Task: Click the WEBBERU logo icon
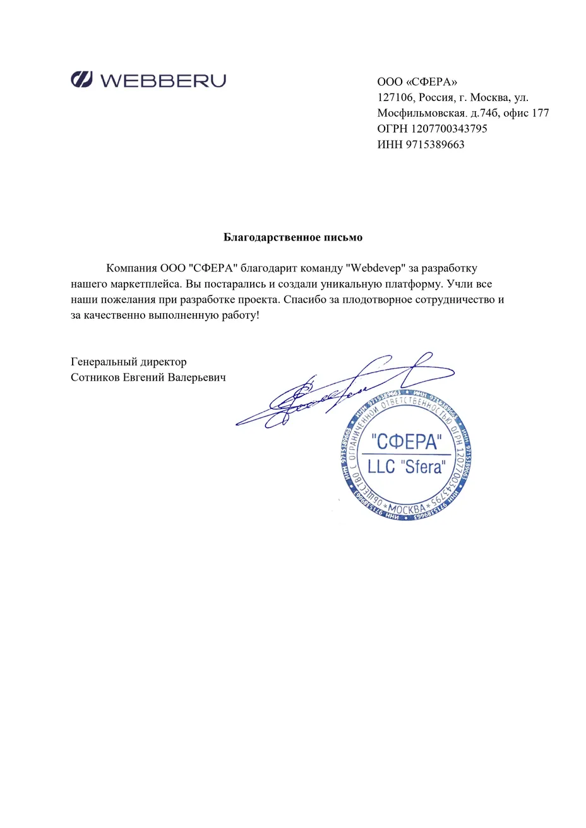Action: click(82, 80)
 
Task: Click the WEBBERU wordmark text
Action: click(162, 80)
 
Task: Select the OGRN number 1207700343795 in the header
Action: click(449, 129)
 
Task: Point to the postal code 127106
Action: click(395, 98)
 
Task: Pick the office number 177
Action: click(540, 114)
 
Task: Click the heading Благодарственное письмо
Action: click(293, 237)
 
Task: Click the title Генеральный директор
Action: click(129, 362)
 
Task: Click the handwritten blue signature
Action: click(328, 394)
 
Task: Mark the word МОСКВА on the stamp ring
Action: click(406, 509)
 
